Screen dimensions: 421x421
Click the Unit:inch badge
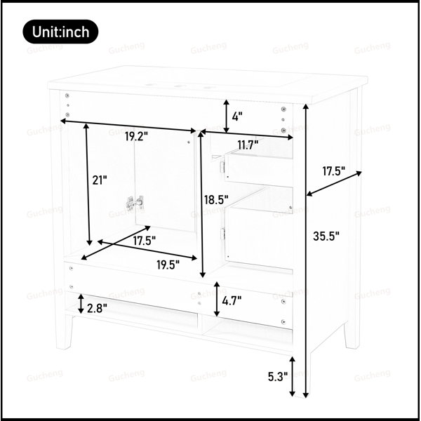[x=60, y=32]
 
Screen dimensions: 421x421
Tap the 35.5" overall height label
[x=326, y=236]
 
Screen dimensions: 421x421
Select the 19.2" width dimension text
[x=136, y=137]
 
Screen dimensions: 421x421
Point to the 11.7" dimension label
[x=248, y=145]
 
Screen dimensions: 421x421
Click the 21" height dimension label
[x=100, y=180]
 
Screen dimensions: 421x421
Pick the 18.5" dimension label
[x=216, y=200]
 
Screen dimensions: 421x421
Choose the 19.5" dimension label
[x=168, y=265]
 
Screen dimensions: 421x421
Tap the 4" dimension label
[x=237, y=116]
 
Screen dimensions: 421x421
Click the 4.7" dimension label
[x=232, y=301]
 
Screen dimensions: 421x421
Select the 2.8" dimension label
[x=97, y=308]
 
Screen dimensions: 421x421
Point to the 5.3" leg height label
[x=278, y=377]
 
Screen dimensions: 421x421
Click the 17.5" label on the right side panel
[x=334, y=171]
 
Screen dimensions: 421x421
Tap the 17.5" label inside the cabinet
[x=145, y=241]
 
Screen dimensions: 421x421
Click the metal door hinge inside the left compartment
[x=135, y=203]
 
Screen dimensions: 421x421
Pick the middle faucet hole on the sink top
[x=178, y=86]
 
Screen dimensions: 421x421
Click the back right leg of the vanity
[x=352, y=336]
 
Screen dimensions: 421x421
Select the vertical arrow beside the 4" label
[x=227, y=116]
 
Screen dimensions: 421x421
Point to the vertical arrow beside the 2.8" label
[x=81, y=304]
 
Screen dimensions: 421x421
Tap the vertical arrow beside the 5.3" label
[x=292, y=376]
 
